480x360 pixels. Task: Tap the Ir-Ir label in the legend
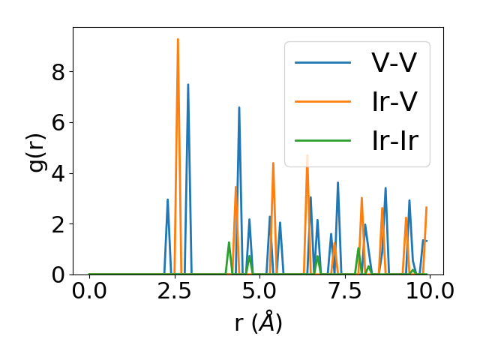[400, 140]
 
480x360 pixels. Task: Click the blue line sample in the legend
[322, 62]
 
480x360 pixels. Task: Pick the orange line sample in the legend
[322, 101]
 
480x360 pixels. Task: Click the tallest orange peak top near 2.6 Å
[178, 39]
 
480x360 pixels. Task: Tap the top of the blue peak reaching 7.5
[188, 84]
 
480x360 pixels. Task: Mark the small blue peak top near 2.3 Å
[167, 199]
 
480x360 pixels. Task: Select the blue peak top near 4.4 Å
[239, 107]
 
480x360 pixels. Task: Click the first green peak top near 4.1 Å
[229, 242]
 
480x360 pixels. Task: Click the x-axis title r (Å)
[258, 322]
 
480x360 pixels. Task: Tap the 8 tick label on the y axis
[57, 72]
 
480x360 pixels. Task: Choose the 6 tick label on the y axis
[57, 122]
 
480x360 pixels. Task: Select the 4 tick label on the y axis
[57, 173]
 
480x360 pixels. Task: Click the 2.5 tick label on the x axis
[174, 290]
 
